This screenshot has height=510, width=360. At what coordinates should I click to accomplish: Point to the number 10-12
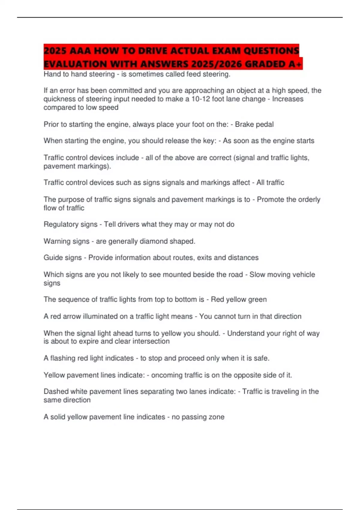click(201, 99)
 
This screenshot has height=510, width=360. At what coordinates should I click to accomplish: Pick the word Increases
click(287, 99)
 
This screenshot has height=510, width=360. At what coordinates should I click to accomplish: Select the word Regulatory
click(70, 224)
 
